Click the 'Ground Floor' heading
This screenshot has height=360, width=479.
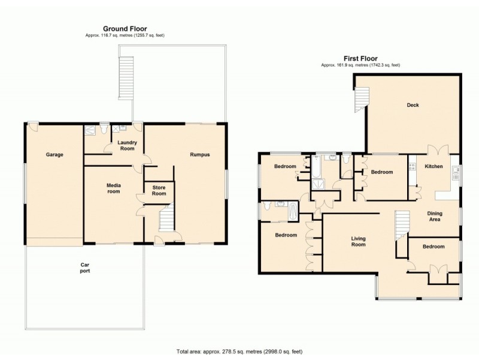(x=125, y=28)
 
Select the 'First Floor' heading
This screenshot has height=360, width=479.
(x=360, y=58)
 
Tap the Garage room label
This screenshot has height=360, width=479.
(x=54, y=154)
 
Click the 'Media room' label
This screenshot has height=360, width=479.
(x=113, y=188)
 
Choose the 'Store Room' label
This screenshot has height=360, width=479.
(x=159, y=190)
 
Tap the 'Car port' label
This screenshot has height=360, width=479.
(x=85, y=267)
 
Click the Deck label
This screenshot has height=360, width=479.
(x=413, y=105)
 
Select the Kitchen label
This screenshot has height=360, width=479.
(x=433, y=166)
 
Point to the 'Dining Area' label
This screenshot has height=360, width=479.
(x=435, y=217)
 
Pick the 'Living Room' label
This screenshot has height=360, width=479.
(x=358, y=242)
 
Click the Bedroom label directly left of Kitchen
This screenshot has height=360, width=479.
(x=381, y=172)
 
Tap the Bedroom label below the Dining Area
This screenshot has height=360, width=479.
(x=433, y=247)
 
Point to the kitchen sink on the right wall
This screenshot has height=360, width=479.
(x=456, y=175)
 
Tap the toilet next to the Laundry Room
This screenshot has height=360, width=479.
(x=104, y=128)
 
